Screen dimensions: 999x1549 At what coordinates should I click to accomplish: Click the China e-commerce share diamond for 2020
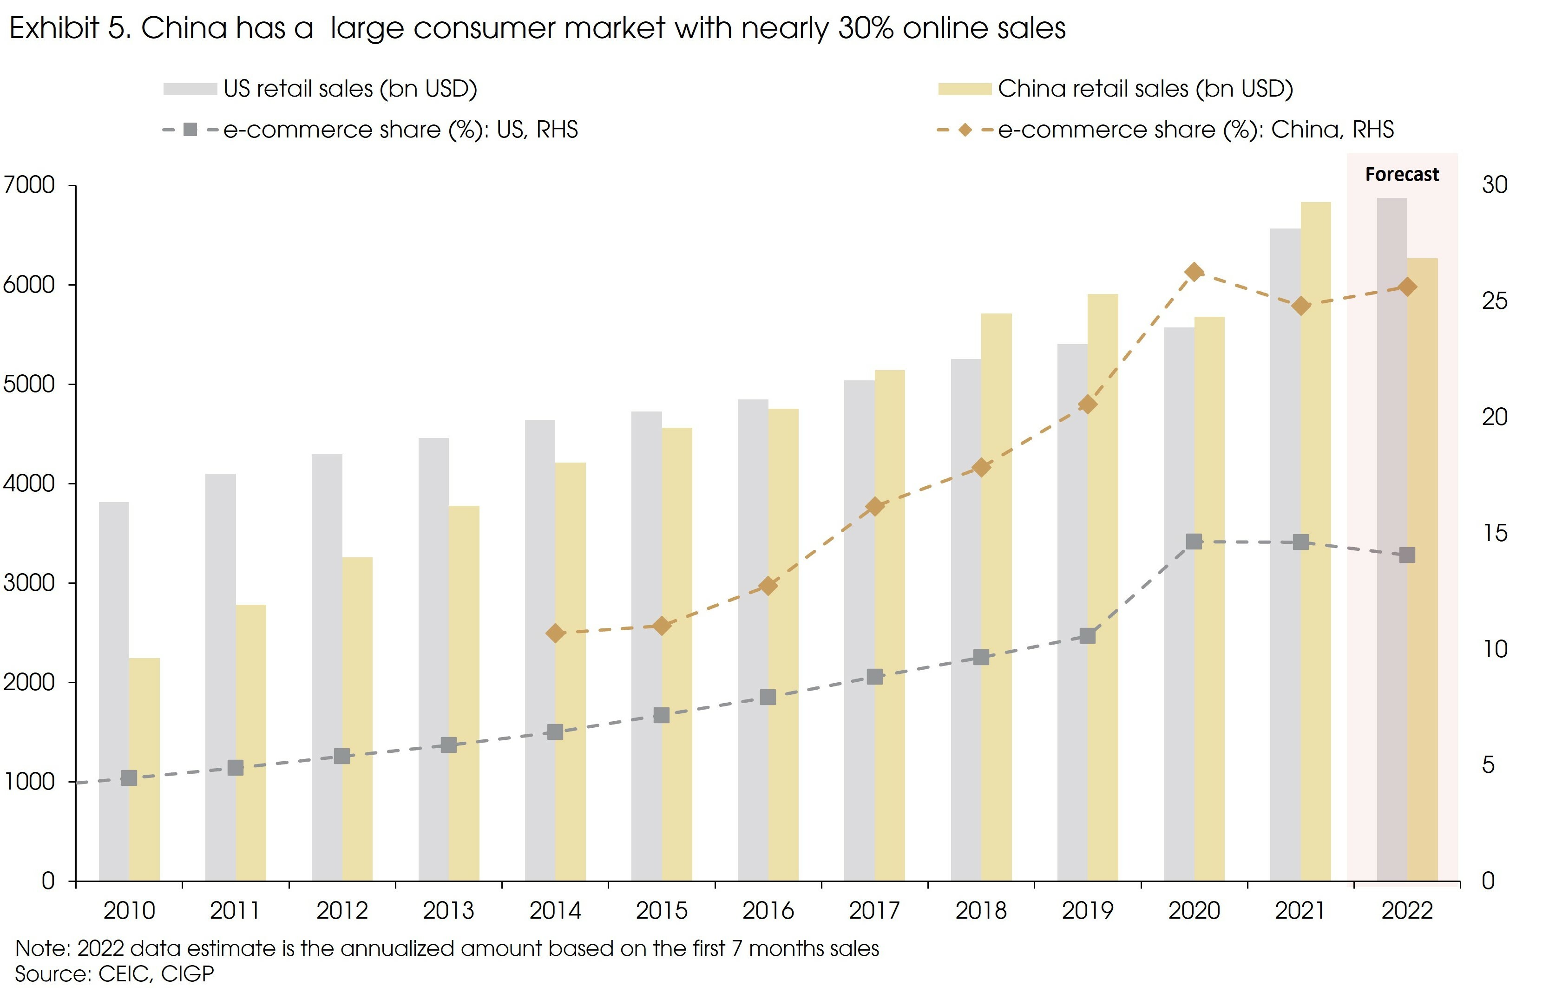click(x=1194, y=272)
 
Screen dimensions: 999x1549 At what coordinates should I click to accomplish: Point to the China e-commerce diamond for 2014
click(x=555, y=633)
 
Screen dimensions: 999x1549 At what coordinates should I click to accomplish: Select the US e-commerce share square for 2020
click(x=1194, y=542)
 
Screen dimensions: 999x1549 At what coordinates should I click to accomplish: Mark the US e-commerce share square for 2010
click(x=129, y=778)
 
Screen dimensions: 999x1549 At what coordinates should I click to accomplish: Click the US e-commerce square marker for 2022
click(x=1407, y=555)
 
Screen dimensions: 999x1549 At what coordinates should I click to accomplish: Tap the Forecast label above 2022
click(x=1402, y=175)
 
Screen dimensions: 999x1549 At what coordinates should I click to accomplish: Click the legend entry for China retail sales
click(x=1145, y=89)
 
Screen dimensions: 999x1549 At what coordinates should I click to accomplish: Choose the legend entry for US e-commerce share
click(x=400, y=130)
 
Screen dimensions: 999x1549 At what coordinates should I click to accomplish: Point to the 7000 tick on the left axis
click(x=29, y=185)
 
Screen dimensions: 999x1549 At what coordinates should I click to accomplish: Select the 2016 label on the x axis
click(x=768, y=911)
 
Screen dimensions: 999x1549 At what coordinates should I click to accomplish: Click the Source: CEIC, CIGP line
click(x=114, y=974)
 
